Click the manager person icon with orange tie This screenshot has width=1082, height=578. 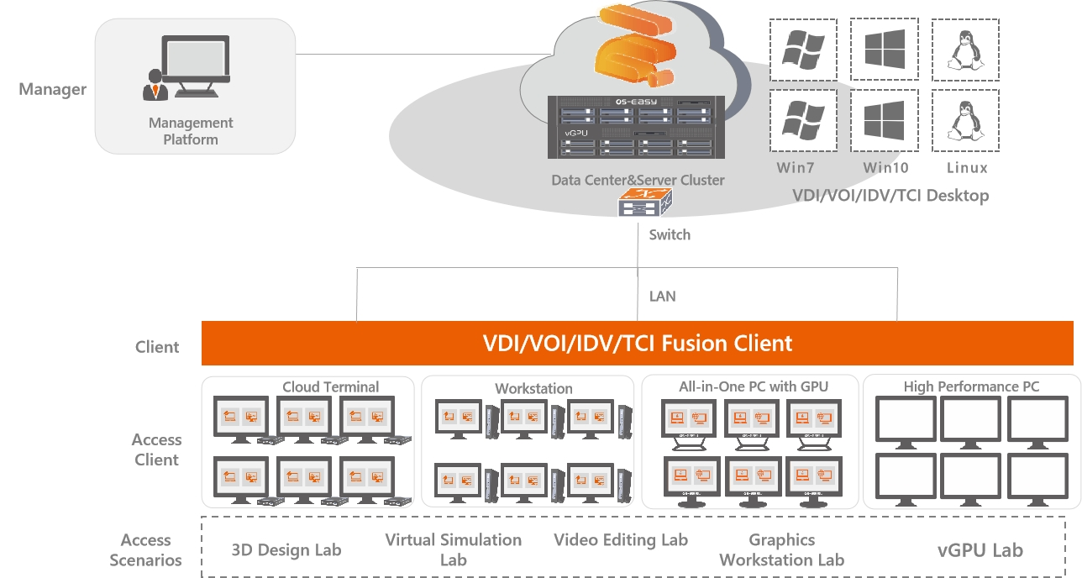155,85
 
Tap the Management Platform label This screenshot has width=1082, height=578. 191,131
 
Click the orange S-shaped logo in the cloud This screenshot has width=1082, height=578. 635,46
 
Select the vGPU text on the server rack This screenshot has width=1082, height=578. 575,133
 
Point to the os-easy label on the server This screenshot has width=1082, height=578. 636,102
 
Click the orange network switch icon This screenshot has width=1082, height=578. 645,202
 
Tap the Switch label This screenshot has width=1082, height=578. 670,234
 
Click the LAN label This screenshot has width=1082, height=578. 662,296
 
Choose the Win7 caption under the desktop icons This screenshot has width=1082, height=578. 795,167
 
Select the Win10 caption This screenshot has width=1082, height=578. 885,167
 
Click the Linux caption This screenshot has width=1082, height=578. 967,167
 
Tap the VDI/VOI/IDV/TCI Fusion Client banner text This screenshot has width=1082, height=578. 637,344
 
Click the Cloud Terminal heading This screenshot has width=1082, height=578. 330,386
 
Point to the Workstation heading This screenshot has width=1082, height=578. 533,388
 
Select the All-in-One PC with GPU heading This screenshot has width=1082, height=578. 754,386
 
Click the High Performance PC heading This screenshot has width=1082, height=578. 971,386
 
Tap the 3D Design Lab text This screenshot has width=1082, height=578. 286,550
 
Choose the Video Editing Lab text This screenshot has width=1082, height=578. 621,540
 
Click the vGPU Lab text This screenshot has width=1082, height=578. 980,550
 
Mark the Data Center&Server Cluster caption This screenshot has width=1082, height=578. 638,180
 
